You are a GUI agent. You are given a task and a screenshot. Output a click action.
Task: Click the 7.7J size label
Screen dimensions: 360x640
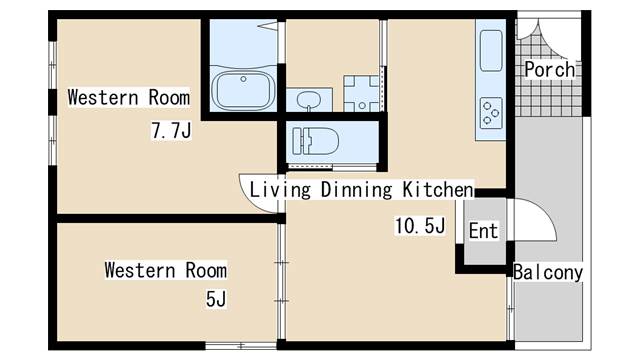[170, 130]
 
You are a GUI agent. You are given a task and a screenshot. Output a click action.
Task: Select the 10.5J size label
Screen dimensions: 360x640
[419, 226]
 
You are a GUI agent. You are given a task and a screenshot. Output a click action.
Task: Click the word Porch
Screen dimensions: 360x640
[549, 70]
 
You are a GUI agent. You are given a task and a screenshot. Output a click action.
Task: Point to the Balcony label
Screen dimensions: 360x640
[548, 272]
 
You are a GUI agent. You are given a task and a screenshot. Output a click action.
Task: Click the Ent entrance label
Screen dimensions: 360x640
[483, 231]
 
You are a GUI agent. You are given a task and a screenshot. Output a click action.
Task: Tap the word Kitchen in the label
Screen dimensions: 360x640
[437, 189]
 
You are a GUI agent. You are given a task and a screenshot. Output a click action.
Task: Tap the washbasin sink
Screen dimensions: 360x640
[311, 99]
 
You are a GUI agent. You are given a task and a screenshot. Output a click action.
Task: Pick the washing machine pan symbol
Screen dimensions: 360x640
[362, 93]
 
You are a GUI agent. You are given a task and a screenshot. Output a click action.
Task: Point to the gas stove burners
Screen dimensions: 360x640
[491, 112]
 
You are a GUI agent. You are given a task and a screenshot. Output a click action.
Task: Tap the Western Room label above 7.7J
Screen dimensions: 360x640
[128, 98]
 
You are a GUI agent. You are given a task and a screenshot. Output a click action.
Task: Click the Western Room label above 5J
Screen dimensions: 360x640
[165, 271]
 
